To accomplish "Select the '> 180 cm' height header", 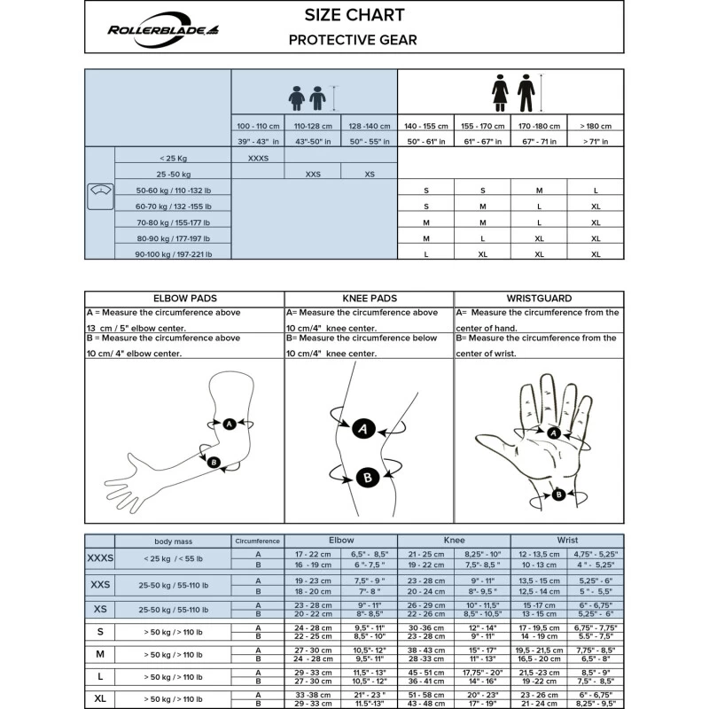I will click(x=595, y=126).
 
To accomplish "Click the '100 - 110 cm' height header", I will click(x=258, y=126).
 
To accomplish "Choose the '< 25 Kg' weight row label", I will click(x=173, y=158).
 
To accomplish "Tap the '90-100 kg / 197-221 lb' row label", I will click(x=173, y=254).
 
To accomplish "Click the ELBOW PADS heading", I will click(x=184, y=299).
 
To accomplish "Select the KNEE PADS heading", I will click(x=369, y=299).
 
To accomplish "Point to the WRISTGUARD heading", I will click(x=539, y=299).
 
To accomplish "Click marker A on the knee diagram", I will click(x=361, y=429).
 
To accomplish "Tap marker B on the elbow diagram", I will click(x=213, y=462).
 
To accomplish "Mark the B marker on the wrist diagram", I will click(x=558, y=495).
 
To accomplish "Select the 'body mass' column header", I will click(x=173, y=540).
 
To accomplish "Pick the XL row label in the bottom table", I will click(x=99, y=700).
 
